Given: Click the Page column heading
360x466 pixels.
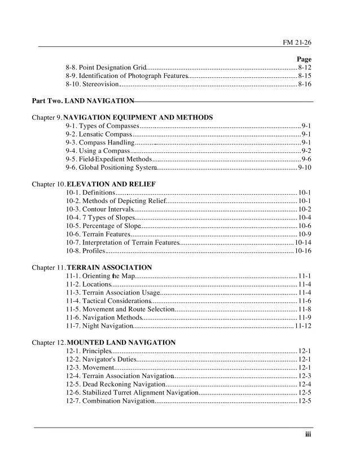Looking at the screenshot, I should (x=304, y=59).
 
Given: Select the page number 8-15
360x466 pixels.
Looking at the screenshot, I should (x=305, y=76).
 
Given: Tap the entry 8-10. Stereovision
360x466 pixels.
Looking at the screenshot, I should (x=92, y=84).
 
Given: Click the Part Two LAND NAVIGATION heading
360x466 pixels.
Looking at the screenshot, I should (x=83, y=101).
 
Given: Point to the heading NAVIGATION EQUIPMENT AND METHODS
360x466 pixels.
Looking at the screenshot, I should (x=138, y=117).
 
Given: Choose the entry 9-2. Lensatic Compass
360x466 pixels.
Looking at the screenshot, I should (x=99, y=134).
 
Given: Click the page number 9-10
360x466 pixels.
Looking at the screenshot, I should (x=305, y=168).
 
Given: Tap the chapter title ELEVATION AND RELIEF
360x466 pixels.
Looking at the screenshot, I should (x=111, y=184).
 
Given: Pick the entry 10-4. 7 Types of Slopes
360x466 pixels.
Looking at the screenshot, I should (x=100, y=217).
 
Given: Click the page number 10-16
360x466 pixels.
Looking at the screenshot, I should (x=303, y=250).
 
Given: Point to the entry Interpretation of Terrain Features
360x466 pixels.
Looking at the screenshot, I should (x=122, y=242).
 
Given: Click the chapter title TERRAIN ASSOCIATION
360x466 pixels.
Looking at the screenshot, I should (x=109, y=267).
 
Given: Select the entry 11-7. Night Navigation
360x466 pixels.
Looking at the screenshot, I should (x=99, y=326).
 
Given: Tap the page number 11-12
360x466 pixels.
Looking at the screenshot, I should (x=303, y=326).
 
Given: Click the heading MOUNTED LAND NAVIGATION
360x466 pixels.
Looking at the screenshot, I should (x=121, y=342).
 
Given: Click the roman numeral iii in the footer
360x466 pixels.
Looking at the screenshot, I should (x=308, y=434).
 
